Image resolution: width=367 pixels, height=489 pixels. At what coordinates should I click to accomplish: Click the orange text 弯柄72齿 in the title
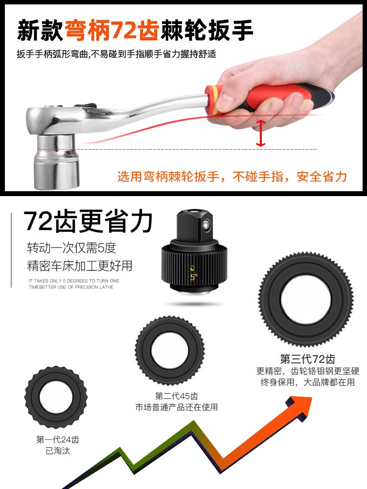coord(112,30)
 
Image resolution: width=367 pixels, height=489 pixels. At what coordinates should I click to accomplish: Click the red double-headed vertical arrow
coord(261,133)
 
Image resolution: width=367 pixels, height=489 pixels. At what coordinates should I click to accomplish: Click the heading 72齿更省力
coord(88,222)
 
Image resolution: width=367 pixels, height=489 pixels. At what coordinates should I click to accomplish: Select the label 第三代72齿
coord(307,359)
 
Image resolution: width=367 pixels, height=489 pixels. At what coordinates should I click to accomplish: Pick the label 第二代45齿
coord(177,396)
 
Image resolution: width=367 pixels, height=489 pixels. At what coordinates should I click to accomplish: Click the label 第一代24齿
coord(58,440)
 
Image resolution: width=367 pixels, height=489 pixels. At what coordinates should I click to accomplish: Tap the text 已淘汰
coord(58,451)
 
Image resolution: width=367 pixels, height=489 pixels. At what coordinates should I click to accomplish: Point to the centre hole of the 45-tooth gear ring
coord(170,350)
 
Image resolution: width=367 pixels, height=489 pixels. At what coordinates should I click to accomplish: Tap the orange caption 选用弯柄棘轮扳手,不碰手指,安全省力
coord(232,177)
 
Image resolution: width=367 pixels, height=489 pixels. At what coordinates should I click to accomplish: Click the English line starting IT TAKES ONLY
coord(74,281)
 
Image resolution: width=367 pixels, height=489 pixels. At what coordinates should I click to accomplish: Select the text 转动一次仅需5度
coord(72,248)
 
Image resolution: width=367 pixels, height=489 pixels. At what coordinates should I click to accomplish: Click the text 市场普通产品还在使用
coord(177,407)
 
